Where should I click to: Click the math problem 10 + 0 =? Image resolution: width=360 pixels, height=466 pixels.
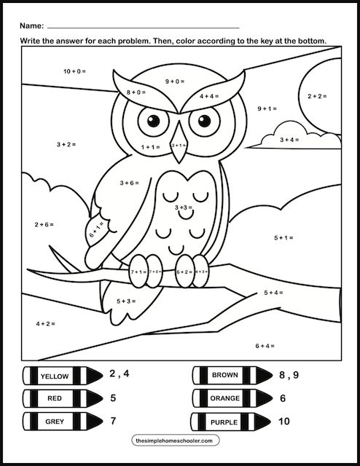(74, 71)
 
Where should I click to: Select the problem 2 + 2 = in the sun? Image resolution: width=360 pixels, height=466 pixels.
(317, 96)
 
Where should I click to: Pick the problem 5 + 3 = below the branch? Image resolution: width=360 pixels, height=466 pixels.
(126, 301)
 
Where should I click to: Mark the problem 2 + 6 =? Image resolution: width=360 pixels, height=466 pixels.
(44, 225)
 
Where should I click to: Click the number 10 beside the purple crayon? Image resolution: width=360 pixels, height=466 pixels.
(283, 421)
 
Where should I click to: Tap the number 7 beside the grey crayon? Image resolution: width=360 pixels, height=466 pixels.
(112, 422)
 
